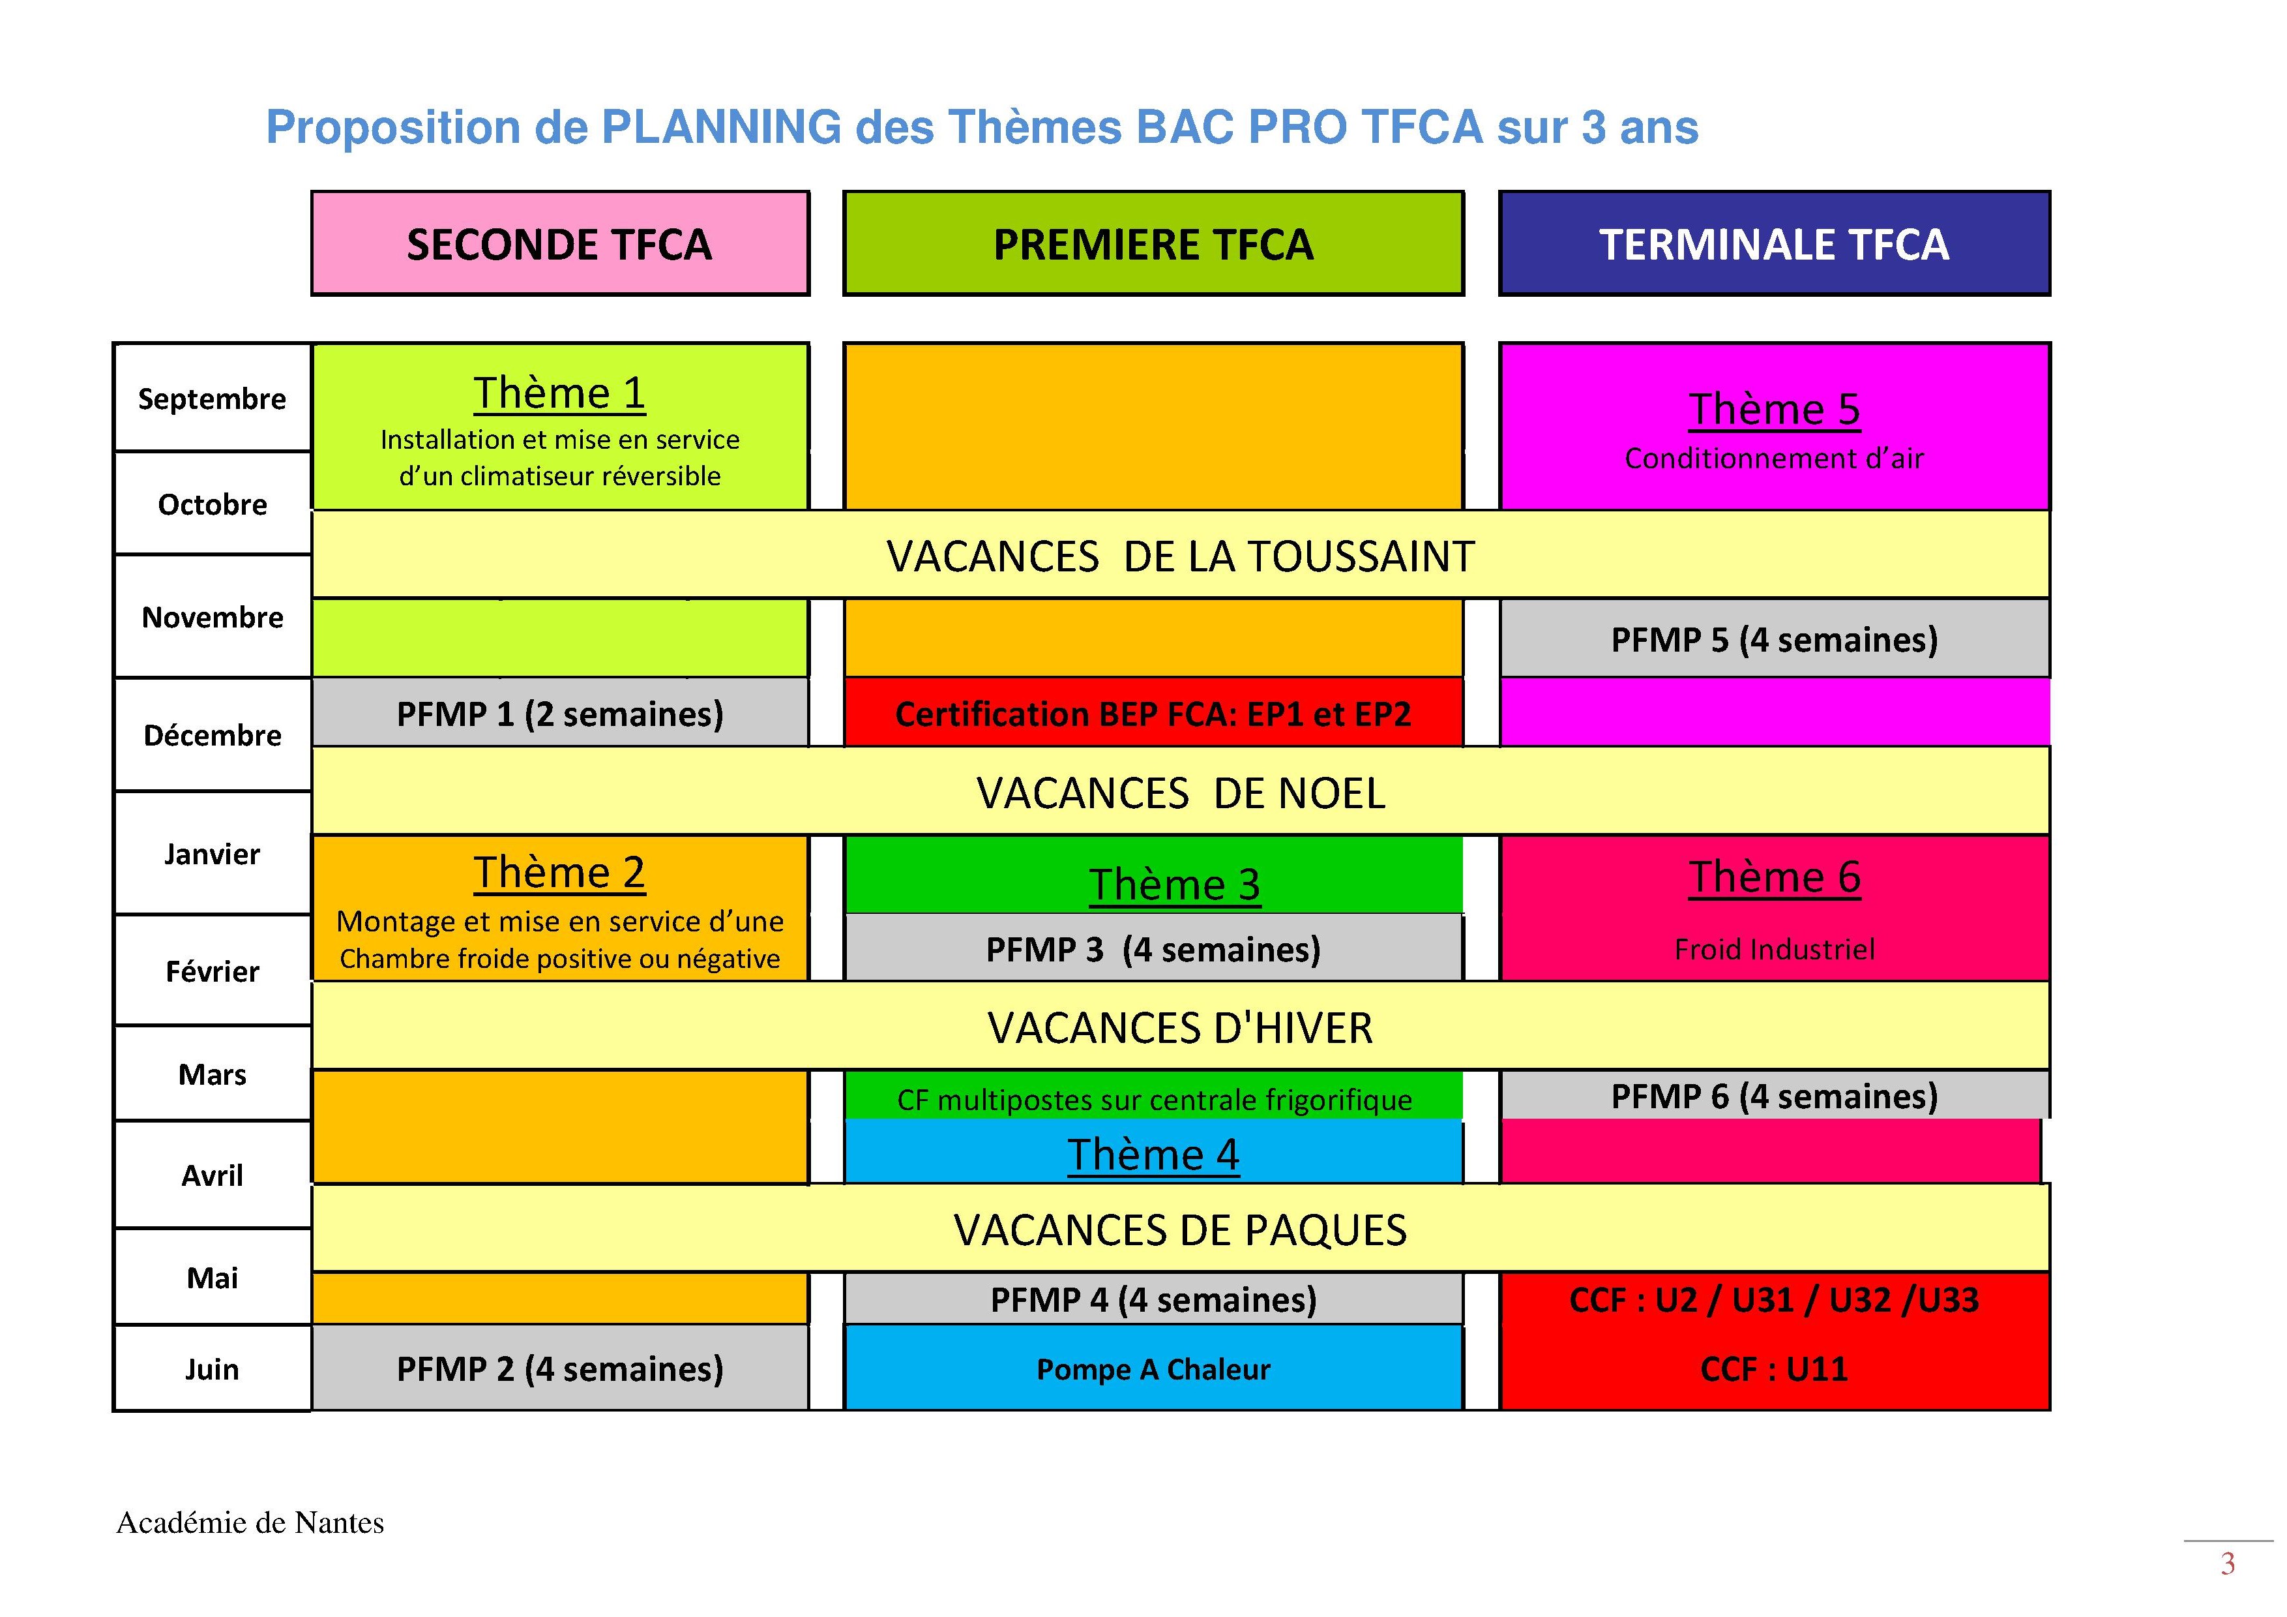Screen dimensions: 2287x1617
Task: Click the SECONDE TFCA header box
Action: [x=560, y=243]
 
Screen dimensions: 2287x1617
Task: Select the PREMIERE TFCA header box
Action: [x=1153, y=243]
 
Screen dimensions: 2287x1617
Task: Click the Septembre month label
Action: [x=212, y=399]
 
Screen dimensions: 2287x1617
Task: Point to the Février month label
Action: [x=212, y=971]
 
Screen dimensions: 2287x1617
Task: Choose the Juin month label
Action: [x=212, y=1369]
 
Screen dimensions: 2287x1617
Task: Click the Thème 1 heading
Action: [x=560, y=393]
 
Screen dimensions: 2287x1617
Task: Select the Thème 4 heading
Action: [x=1153, y=1155]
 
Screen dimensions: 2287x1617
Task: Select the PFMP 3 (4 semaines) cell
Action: [x=1153, y=948]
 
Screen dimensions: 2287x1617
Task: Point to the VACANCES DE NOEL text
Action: [x=1181, y=793]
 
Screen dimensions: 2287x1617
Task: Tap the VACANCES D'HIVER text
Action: [x=1181, y=1027]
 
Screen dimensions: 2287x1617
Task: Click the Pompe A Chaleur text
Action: [x=1153, y=1369]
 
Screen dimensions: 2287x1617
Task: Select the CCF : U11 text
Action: [x=1774, y=1369]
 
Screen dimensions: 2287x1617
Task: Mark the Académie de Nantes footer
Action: [x=250, y=1522]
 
